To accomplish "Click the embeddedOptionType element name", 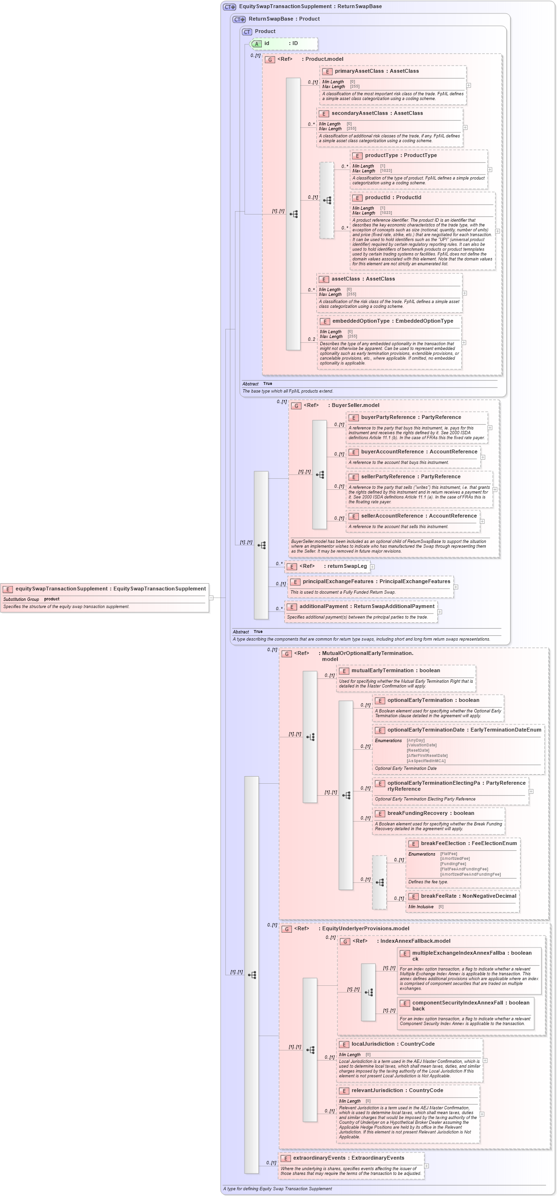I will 361,321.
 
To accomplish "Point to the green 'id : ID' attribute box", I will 284,44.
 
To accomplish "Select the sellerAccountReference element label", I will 392,516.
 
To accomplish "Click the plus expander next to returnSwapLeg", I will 372,566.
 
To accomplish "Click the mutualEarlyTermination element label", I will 382,670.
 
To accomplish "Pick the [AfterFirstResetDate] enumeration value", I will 427,756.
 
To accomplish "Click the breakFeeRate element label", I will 438,896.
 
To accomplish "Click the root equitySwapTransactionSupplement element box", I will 105,597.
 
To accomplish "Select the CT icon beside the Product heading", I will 247,32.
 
